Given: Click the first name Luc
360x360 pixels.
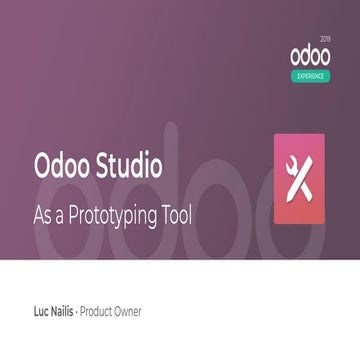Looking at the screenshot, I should click(43, 312).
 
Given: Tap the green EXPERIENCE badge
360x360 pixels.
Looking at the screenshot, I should click(312, 76).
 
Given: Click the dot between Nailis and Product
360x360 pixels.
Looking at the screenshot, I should click(90, 312).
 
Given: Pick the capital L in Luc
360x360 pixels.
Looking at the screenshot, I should click(36, 312).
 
